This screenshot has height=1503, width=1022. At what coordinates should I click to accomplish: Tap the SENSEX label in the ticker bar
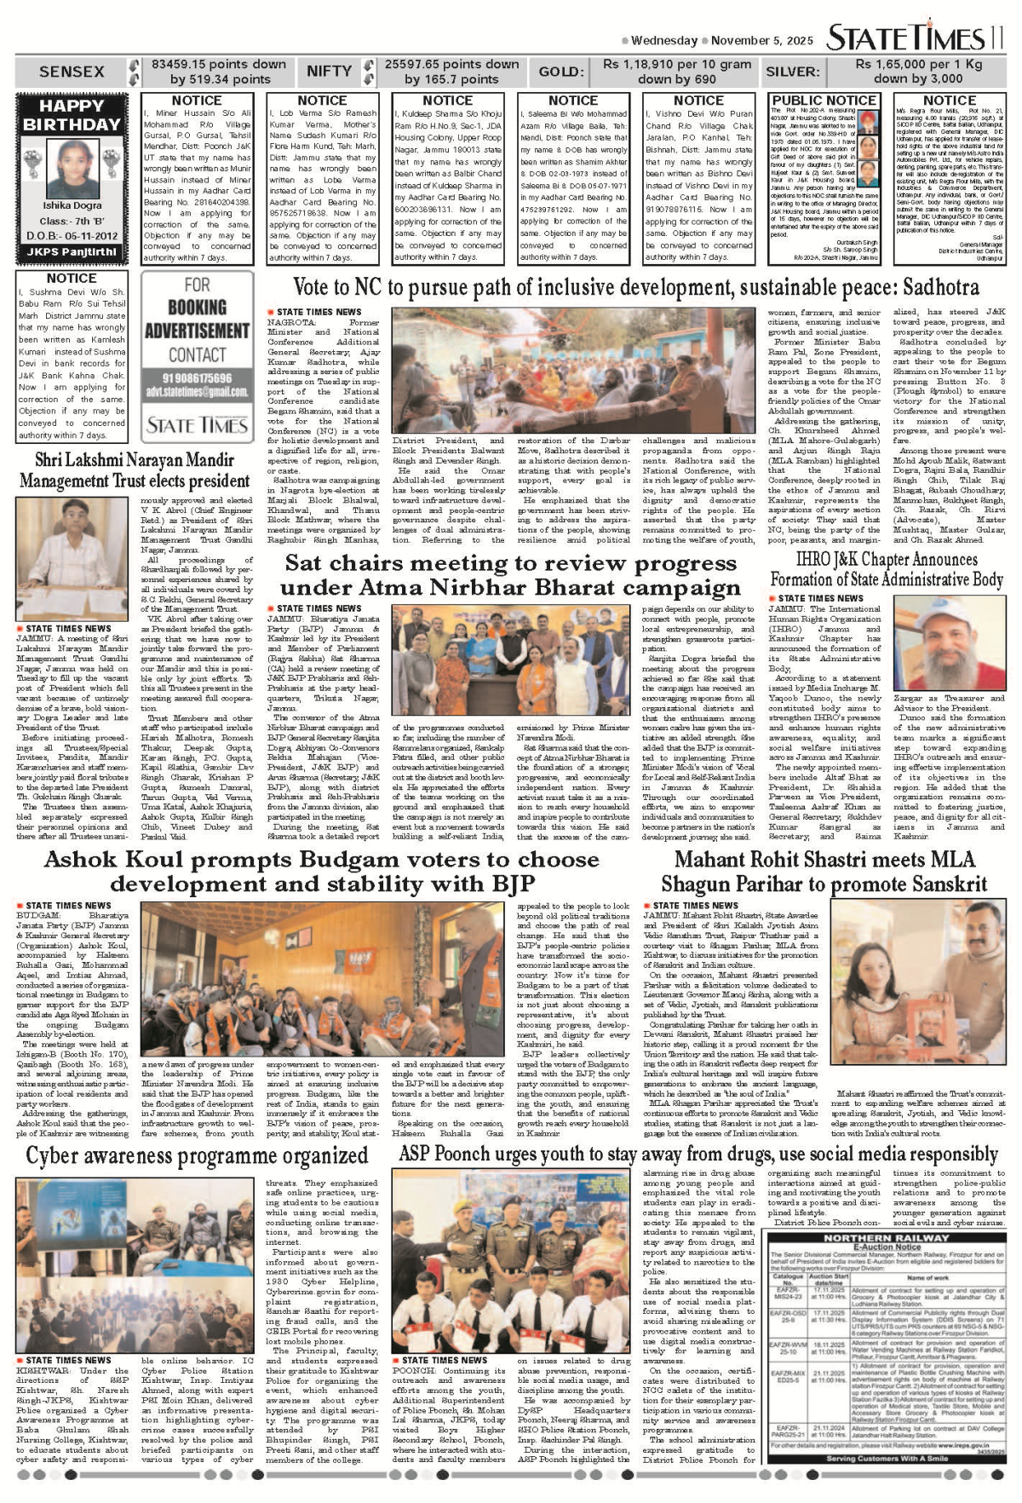pyautogui.click(x=72, y=72)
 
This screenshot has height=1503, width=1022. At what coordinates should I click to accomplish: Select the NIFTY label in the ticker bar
pyautogui.click(x=329, y=72)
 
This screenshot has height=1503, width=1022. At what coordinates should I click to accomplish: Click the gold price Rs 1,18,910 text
pyautogui.click(x=677, y=64)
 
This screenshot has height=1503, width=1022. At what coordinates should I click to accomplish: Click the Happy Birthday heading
pyautogui.click(x=72, y=115)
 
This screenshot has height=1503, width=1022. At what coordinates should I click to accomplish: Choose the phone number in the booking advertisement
pyautogui.click(x=197, y=378)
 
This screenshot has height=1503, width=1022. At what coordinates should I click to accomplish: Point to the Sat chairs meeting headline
pyautogui.click(x=510, y=575)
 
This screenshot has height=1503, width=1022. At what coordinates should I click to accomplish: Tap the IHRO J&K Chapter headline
pyautogui.click(x=887, y=569)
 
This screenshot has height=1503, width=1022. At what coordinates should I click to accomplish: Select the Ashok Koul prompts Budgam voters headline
pyautogui.click(x=322, y=870)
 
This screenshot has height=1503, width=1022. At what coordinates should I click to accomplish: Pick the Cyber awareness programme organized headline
pyautogui.click(x=197, y=1156)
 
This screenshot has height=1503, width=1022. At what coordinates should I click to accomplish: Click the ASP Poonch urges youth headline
pyautogui.click(x=698, y=1155)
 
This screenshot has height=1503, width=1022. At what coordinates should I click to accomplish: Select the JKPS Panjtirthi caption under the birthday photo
pyautogui.click(x=72, y=251)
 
